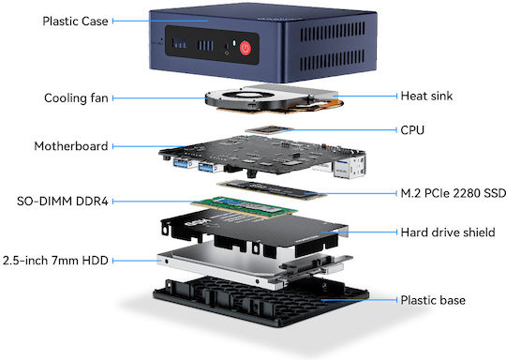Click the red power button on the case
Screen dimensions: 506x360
click(246, 48)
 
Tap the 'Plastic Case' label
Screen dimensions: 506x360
click(75, 22)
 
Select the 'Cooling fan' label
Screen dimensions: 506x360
click(76, 98)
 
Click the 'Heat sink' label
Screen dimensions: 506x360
click(426, 96)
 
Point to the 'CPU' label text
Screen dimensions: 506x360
click(412, 130)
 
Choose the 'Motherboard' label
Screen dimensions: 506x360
click(71, 146)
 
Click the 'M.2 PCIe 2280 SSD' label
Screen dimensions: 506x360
click(454, 193)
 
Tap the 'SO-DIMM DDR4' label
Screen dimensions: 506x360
click(62, 202)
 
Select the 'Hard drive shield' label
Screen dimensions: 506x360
click(448, 232)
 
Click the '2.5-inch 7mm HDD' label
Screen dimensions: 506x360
click(55, 261)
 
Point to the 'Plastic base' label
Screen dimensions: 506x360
click(433, 300)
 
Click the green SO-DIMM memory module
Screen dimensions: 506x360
click(245, 206)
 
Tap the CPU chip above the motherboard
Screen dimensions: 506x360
click(269, 129)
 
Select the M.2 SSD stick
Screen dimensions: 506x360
click(272, 190)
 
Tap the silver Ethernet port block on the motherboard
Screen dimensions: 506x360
click(350, 166)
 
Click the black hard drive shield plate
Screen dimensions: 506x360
click(254, 230)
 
